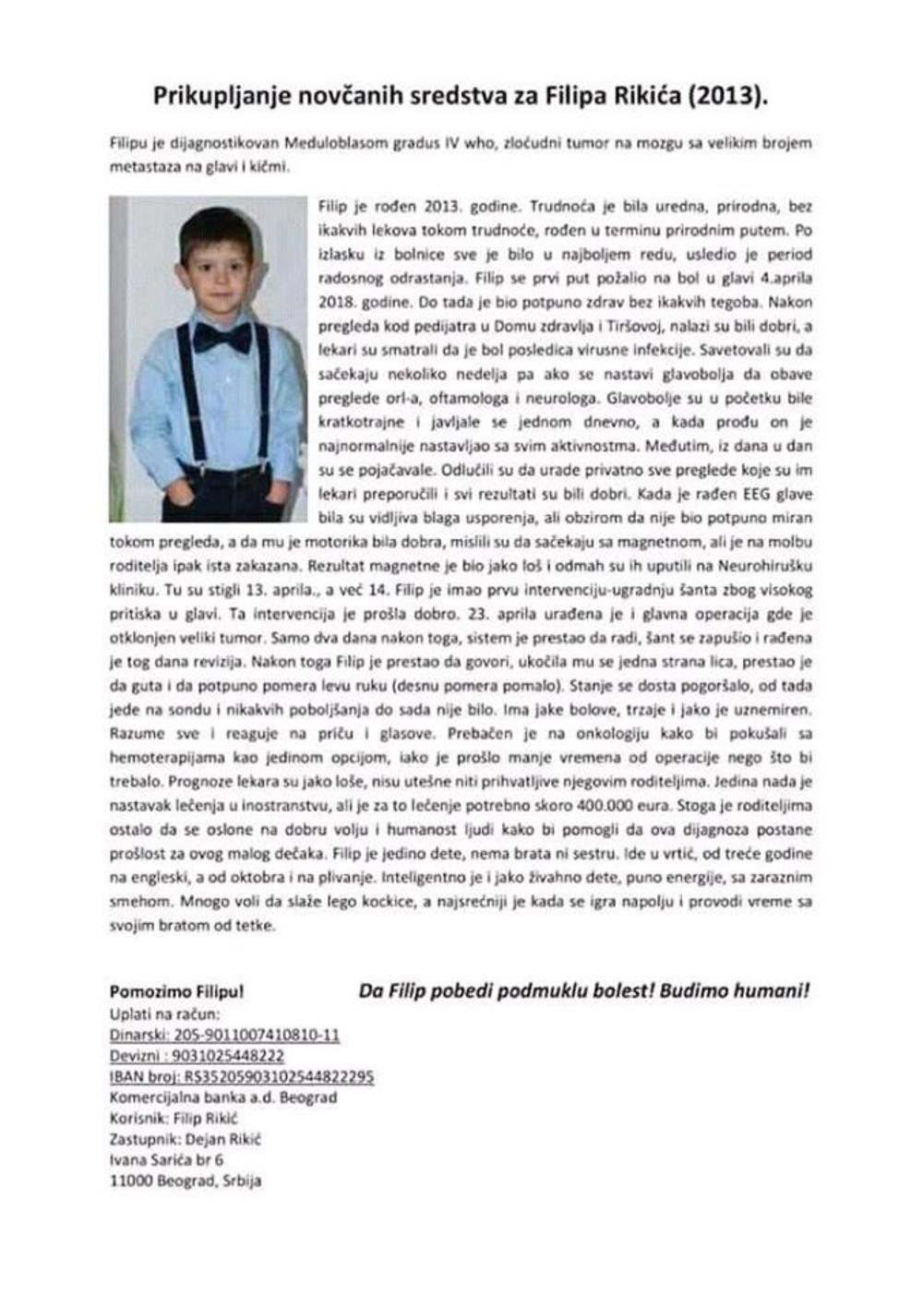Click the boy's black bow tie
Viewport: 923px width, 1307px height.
point(222,336)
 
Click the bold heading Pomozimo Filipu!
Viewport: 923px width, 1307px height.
point(176,993)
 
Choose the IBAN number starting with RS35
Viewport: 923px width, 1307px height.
point(279,1077)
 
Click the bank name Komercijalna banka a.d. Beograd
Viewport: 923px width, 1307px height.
point(222,1097)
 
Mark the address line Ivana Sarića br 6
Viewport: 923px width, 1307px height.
point(166,1159)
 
